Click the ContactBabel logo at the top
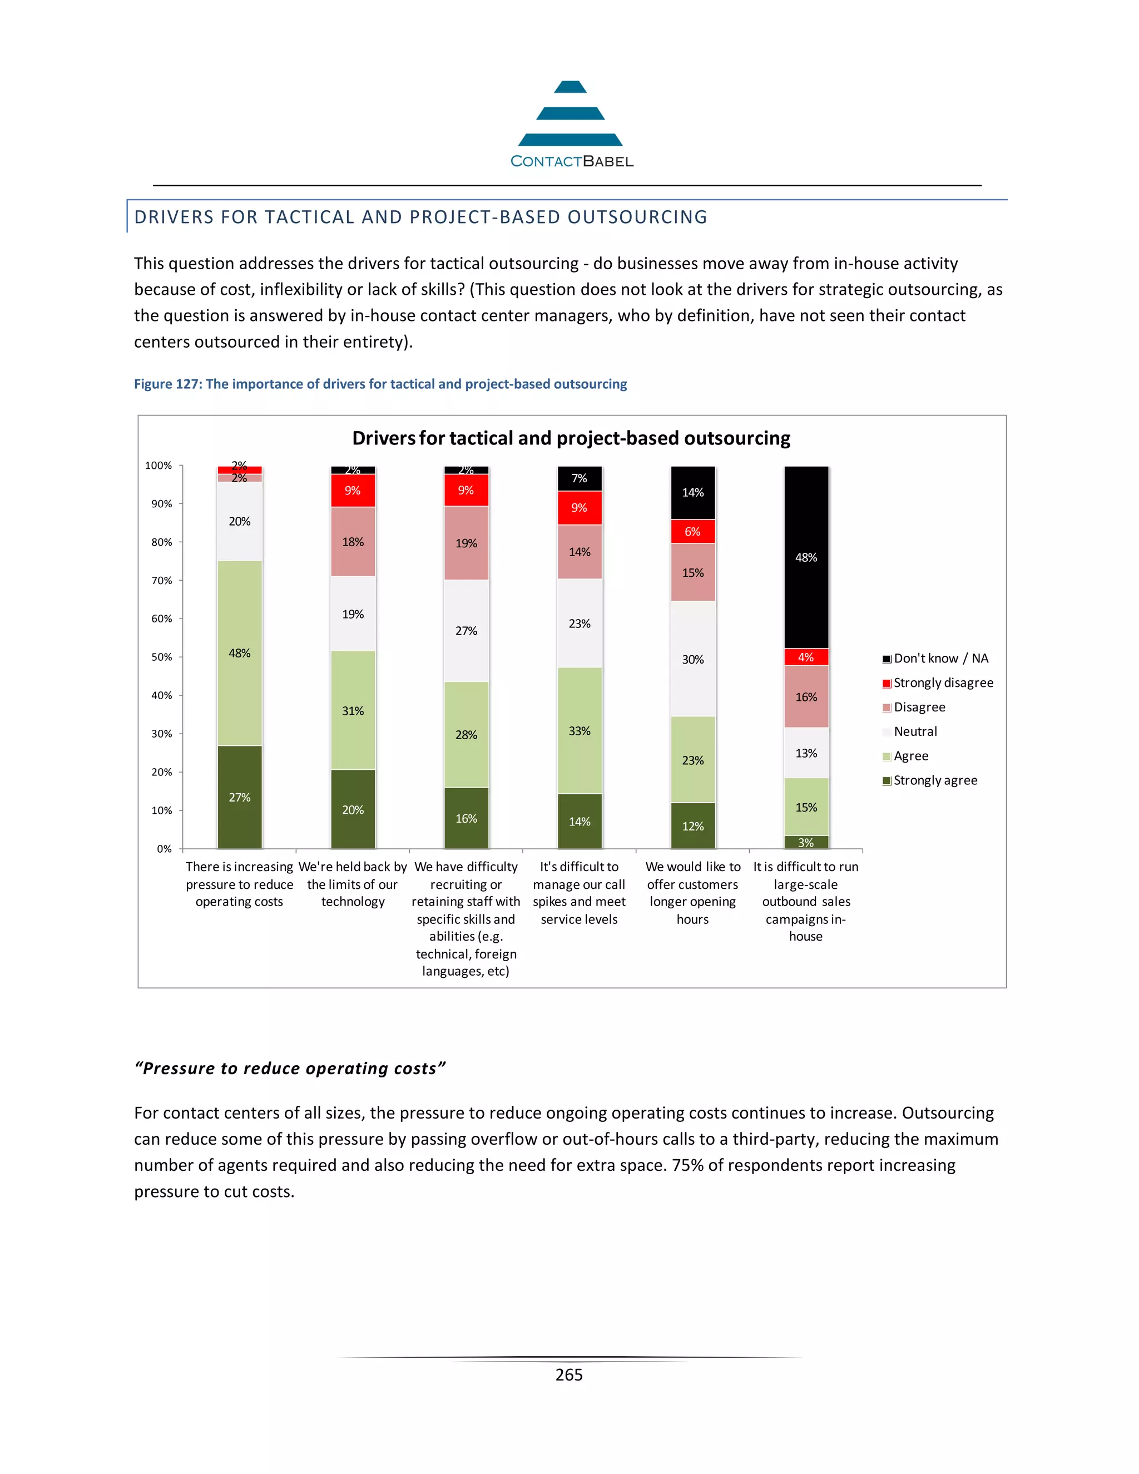point(571,125)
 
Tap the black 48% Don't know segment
point(806,557)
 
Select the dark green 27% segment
point(240,797)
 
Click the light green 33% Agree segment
point(580,730)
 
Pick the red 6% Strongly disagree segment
point(693,532)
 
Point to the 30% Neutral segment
point(693,659)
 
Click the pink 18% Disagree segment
point(353,541)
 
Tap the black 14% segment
point(693,493)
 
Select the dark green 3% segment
point(806,842)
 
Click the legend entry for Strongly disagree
point(943,683)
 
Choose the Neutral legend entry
point(915,731)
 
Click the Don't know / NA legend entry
point(940,659)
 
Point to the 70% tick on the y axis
point(162,580)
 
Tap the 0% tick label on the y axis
point(164,849)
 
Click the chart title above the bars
point(571,439)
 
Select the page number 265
point(569,1375)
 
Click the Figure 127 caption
point(380,384)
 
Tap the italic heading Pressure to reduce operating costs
point(290,1069)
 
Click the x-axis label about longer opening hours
point(693,893)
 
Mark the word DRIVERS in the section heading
point(174,217)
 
